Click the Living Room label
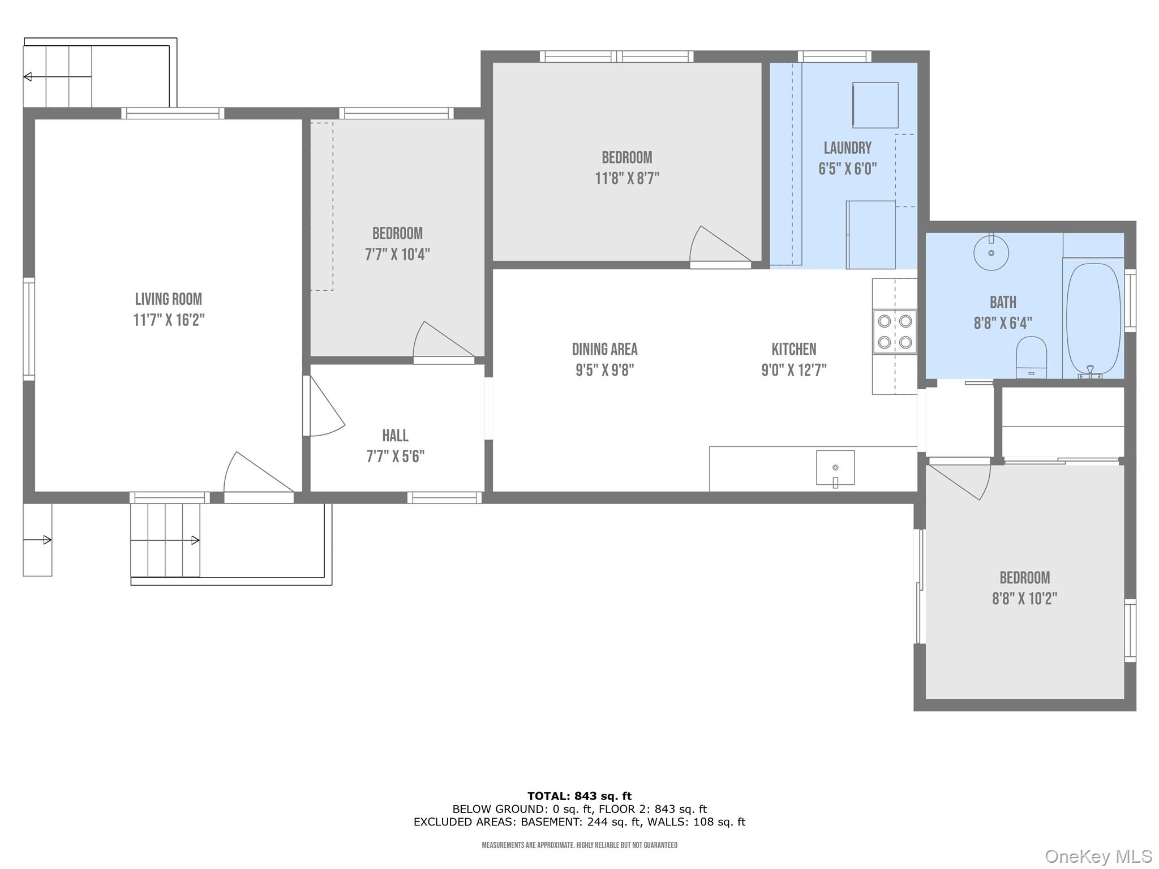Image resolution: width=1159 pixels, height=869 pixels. [x=168, y=299]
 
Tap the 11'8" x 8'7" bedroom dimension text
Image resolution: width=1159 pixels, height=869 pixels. [x=627, y=179]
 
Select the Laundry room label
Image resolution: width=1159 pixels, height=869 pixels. [x=847, y=148]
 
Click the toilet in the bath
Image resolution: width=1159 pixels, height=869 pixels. [x=1031, y=356]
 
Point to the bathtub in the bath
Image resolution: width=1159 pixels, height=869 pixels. [x=1093, y=318]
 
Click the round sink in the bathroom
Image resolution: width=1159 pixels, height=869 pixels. [x=991, y=253]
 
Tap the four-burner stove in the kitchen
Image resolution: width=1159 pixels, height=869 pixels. [x=894, y=332]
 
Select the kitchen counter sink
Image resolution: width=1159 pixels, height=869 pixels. [x=835, y=468]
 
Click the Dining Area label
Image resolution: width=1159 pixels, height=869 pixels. [x=604, y=349]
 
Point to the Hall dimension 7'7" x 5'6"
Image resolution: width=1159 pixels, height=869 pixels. [x=395, y=457]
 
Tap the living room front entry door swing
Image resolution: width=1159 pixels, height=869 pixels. [x=255, y=475]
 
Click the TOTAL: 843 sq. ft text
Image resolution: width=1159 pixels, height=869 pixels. [x=579, y=796]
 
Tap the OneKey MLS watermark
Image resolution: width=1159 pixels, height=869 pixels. [x=1098, y=857]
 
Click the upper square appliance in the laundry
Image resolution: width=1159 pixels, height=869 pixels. [x=875, y=105]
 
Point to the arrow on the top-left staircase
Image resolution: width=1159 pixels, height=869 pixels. [x=27, y=76]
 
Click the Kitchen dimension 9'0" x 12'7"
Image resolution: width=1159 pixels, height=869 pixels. [x=793, y=370]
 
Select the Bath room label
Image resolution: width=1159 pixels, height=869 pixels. [x=1003, y=302]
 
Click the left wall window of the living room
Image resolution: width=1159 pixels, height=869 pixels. [x=28, y=328]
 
